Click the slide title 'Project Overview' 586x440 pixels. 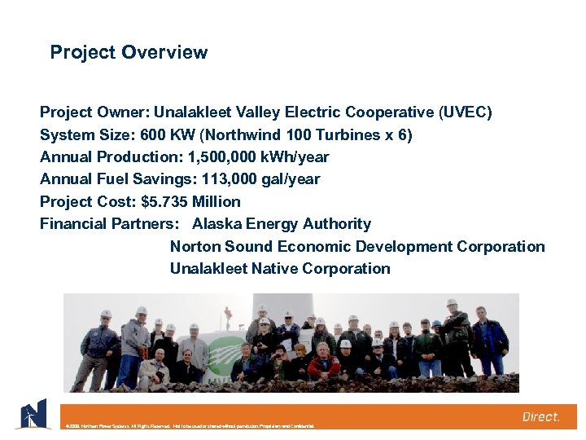click(x=129, y=53)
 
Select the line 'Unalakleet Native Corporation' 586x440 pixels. click(x=280, y=269)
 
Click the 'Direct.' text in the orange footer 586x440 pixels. click(x=540, y=416)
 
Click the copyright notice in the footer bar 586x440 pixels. click(x=186, y=425)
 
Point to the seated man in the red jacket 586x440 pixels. click(x=324, y=363)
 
